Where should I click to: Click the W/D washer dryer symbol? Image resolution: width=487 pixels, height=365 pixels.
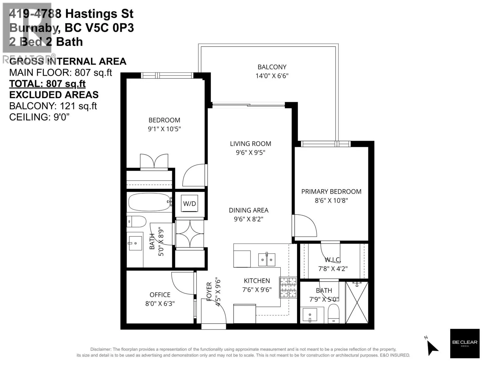(189, 203)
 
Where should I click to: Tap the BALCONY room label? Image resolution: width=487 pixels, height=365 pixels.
(272, 67)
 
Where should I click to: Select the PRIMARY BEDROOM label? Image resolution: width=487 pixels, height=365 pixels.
(331, 192)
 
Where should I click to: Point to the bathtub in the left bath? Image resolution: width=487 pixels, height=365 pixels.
(150, 202)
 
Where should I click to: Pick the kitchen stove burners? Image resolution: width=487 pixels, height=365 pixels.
(288, 287)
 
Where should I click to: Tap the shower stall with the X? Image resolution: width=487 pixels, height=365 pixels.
(357, 302)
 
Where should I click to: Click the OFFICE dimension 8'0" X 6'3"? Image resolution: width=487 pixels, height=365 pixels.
(160, 303)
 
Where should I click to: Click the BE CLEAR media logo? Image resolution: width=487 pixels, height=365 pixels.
(464, 343)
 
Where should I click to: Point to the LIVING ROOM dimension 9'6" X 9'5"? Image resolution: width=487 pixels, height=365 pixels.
(251, 152)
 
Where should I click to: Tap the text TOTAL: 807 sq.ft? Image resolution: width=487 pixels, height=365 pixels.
(47, 84)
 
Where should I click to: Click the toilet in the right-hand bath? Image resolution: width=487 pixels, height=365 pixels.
(334, 313)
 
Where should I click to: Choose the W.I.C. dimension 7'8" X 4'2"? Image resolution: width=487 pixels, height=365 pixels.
(333, 269)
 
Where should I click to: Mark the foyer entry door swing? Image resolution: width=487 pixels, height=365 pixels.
(213, 311)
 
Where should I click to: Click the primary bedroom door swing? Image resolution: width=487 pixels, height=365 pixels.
(304, 226)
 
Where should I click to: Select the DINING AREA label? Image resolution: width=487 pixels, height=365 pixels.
(248, 210)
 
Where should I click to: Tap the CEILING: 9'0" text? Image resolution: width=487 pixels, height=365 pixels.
(39, 117)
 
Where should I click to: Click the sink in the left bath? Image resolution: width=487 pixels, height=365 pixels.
(135, 243)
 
